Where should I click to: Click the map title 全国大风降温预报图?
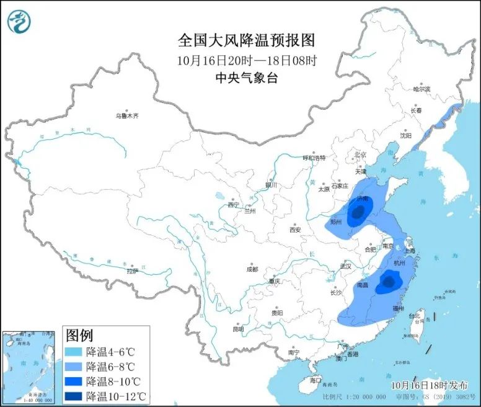click(247, 41)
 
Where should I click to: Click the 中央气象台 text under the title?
click(246, 78)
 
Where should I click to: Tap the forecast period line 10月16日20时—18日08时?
click(246, 60)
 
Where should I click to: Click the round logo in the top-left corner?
click(19, 22)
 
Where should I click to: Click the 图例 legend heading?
click(79, 336)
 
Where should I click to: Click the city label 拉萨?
click(133, 271)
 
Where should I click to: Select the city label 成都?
click(251, 269)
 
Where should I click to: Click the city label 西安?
click(294, 230)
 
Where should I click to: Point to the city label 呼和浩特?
click(314, 158)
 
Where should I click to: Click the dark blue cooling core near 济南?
click(356, 215)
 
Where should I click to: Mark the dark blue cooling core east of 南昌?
click(388, 282)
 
